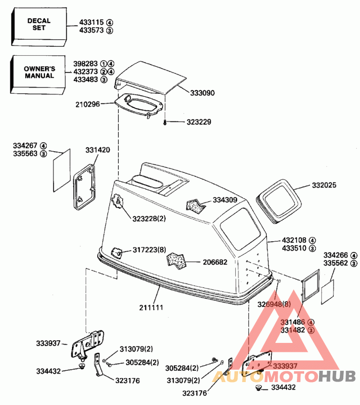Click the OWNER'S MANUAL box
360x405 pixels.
click(40, 72)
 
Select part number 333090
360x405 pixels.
click(202, 93)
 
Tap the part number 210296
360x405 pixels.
click(88, 104)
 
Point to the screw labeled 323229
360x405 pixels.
click(165, 122)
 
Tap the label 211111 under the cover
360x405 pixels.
click(150, 308)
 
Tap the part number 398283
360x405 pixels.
click(85, 63)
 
